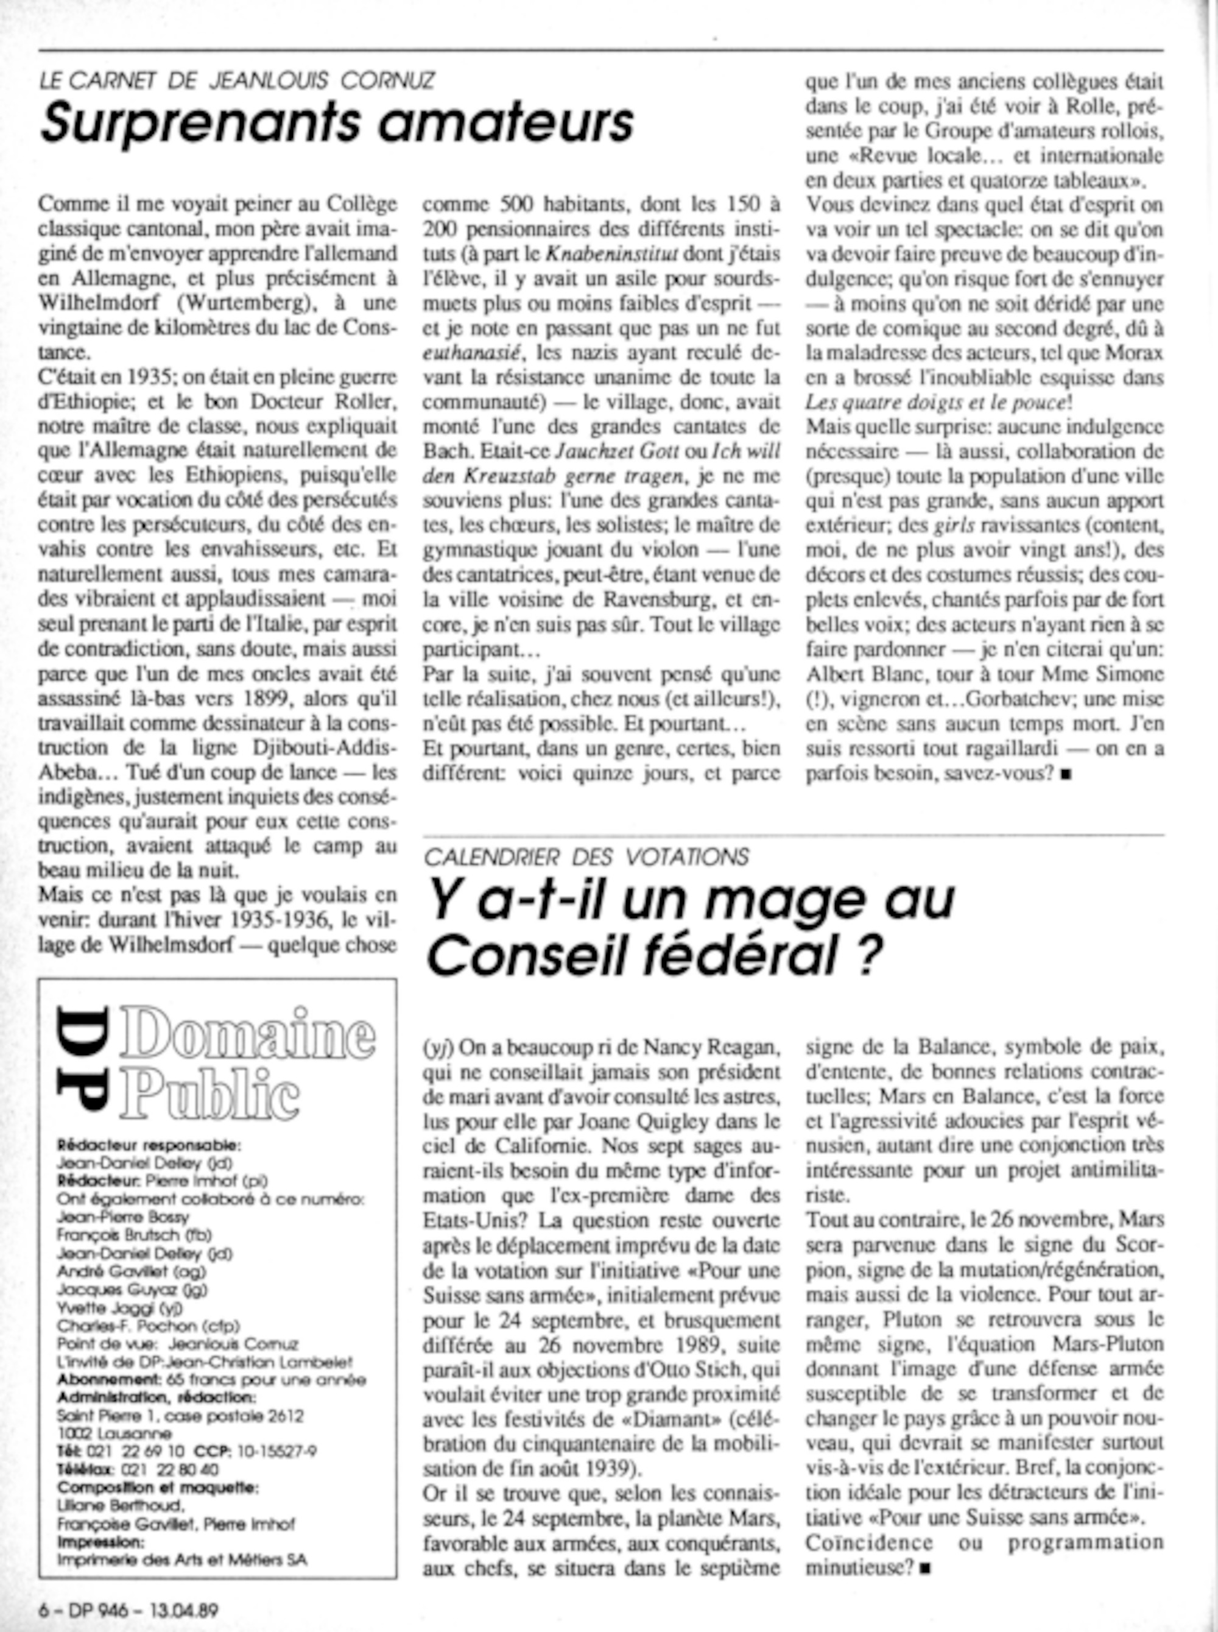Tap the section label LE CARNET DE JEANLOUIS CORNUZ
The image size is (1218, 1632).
[237, 80]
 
